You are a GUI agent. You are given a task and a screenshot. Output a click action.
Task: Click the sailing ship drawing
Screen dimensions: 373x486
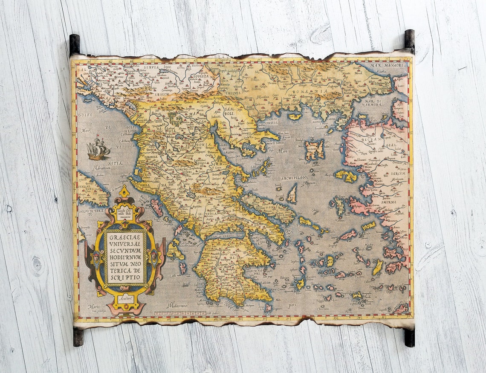point(98,150)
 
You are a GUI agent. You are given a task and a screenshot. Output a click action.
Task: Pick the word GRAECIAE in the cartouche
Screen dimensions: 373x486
point(124,238)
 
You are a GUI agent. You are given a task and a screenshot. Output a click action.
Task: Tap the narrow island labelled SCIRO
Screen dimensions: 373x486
point(292,194)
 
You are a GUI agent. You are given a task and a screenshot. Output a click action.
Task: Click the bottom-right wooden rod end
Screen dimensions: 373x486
point(409,337)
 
